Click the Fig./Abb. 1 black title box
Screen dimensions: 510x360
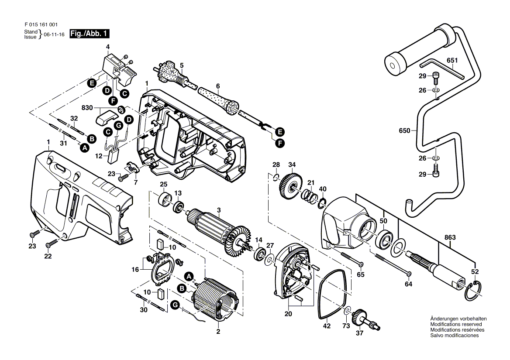tap(90, 34)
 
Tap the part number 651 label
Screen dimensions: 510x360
tap(452, 60)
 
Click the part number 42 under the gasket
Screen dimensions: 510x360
tap(327, 326)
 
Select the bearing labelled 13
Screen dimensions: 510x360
tap(178, 207)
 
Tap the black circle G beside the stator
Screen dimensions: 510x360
tap(175, 305)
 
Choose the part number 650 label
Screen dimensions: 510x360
tap(404, 131)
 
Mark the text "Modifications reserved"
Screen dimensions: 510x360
tap(456, 324)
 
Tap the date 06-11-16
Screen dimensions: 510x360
tap(54, 34)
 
